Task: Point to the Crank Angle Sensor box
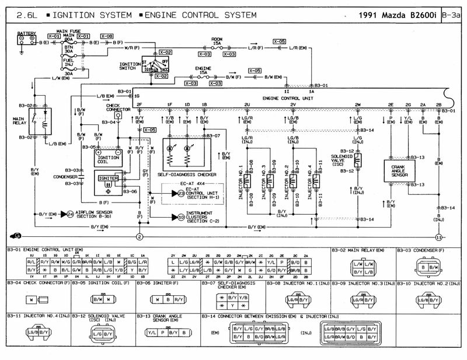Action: tap(400, 170)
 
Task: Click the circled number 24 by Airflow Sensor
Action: tap(71, 214)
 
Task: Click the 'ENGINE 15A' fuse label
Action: tap(201, 72)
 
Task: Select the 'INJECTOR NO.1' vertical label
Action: tap(241, 181)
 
